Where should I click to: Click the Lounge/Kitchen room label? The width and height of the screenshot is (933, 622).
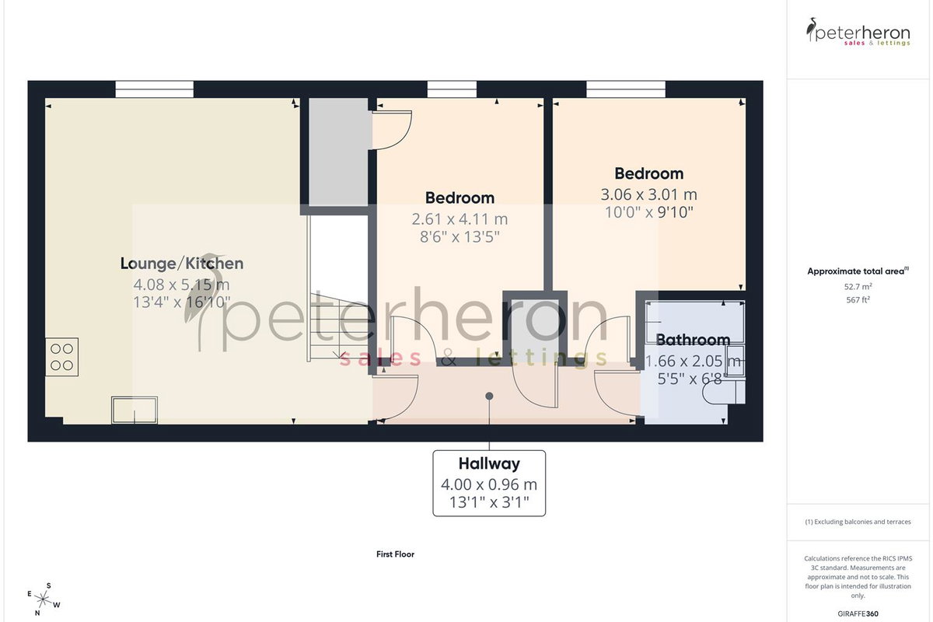tap(182, 264)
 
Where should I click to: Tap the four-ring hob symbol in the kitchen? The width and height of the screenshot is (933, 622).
tap(61, 357)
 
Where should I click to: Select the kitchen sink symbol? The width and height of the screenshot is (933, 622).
tap(134, 410)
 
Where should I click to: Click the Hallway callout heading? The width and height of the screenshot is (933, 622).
tap(489, 463)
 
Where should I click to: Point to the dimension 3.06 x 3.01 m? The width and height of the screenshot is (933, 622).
tap(648, 194)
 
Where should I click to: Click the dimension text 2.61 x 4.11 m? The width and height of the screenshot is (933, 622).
tap(460, 219)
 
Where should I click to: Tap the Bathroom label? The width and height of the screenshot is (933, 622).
tap(693, 340)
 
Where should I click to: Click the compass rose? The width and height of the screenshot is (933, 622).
tap(44, 600)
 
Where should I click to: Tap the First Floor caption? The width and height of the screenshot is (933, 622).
tap(395, 554)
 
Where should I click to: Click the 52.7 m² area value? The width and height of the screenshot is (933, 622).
tap(858, 287)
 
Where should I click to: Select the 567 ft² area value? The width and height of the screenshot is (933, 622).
tap(858, 300)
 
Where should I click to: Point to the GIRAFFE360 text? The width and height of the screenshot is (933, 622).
tap(858, 613)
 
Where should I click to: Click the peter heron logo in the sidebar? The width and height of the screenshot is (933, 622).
tap(858, 32)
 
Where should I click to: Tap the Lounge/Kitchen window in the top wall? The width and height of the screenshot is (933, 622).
tap(154, 89)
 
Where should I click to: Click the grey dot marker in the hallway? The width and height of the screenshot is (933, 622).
tap(489, 397)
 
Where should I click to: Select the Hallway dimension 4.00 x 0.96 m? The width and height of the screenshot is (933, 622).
tap(489, 484)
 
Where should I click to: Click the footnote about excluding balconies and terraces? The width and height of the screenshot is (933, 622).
tap(858, 522)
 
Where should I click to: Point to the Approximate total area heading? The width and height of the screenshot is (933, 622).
tap(858, 271)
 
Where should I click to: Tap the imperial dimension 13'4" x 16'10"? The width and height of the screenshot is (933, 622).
tap(182, 302)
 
